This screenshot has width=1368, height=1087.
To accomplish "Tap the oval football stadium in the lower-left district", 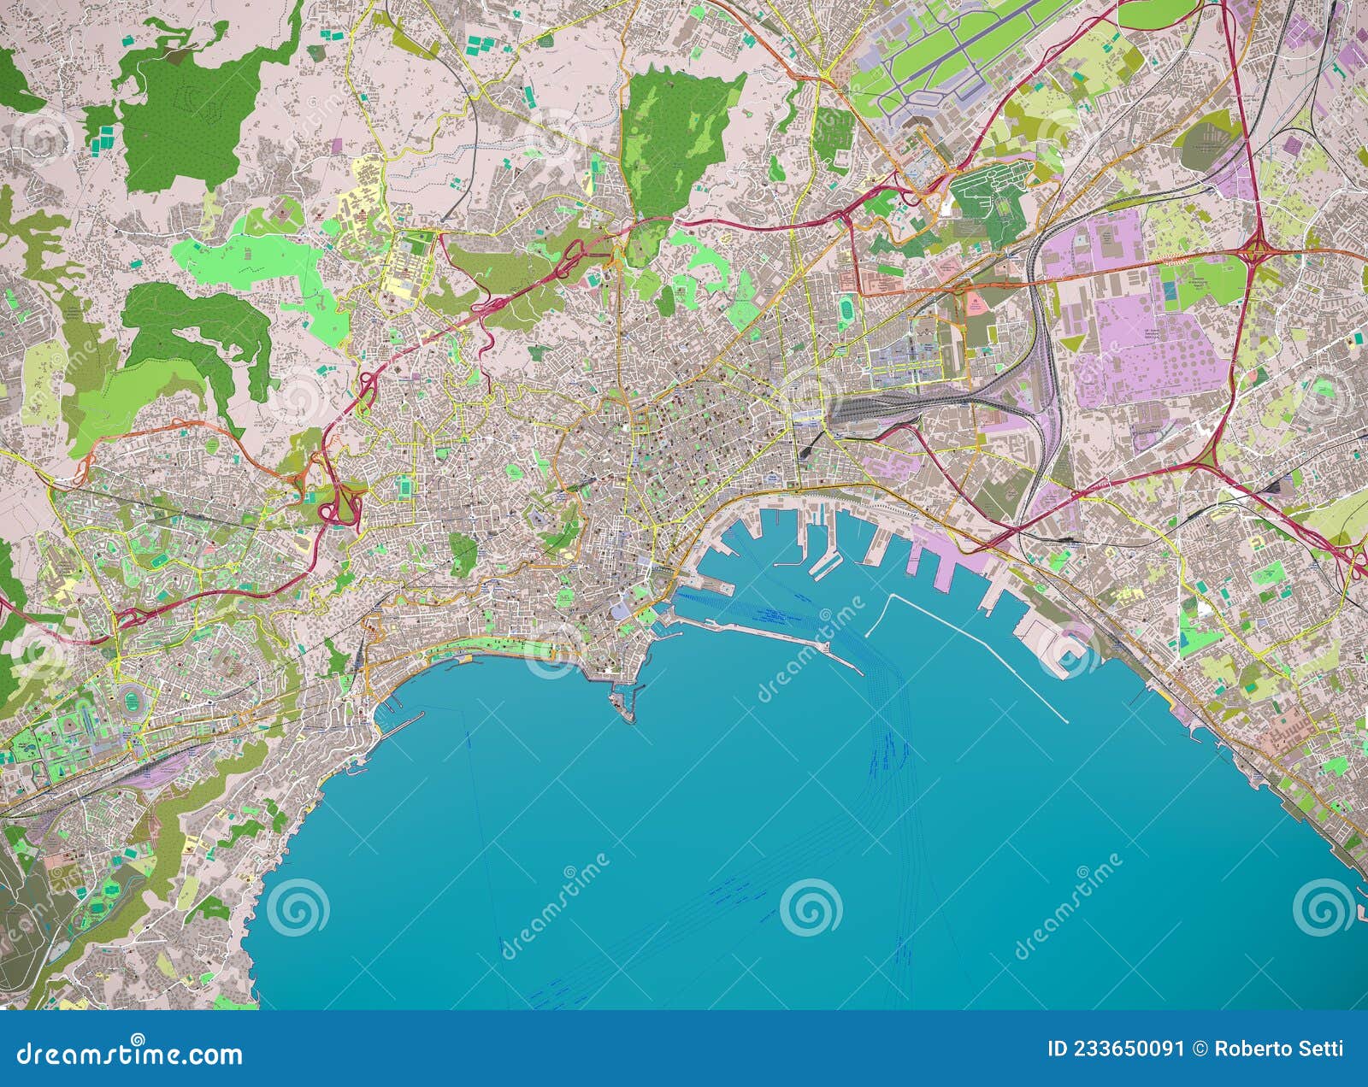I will point(130,691).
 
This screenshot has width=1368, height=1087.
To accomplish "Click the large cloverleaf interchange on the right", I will point(1254,250).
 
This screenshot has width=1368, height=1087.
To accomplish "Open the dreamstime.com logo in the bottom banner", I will point(128,1052).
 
